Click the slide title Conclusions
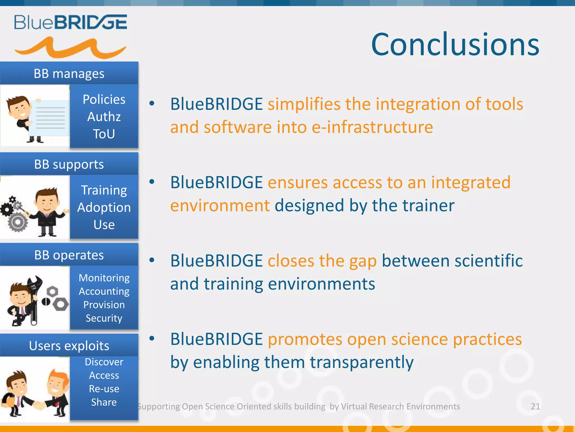click(455, 44)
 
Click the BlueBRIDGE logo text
click(70, 22)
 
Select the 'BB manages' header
click(69, 74)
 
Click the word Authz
click(104, 117)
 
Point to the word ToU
click(104, 134)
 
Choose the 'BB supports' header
click(69, 164)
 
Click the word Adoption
click(104, 208)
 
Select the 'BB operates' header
click(69, 255)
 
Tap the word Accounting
click(104, 291)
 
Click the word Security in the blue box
click(104, 318)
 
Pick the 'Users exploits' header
click(69, 346)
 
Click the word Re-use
click(104, 389)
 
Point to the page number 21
click(535, 406)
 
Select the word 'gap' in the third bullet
click(363, 261)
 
